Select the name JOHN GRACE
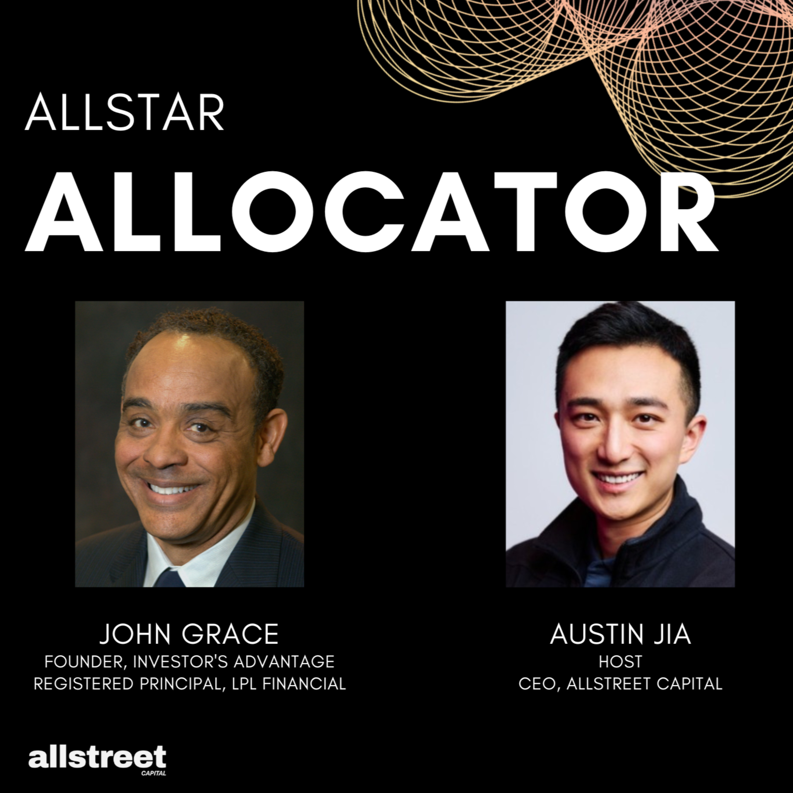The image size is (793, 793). click(x=189, y=634)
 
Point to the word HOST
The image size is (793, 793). click(x=620, y=661)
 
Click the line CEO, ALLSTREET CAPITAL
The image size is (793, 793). click(x=620, y=684)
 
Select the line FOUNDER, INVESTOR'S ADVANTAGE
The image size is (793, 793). click(x=189, y=661)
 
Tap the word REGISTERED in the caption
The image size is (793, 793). click(x=84, y=684)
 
